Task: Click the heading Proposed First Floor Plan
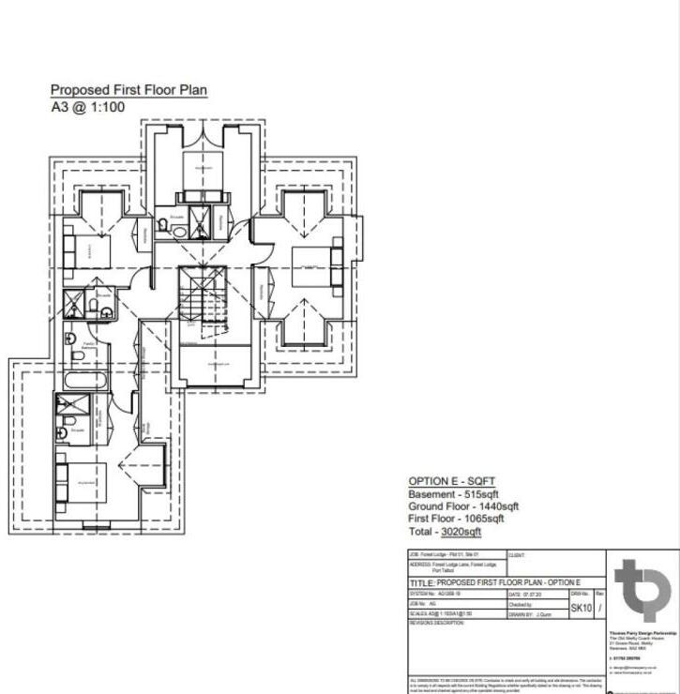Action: pos(128,91)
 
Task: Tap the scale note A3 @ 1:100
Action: pos(87,108)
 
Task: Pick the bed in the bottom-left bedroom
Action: pos(81,482)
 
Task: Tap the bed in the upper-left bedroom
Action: pos(88,251)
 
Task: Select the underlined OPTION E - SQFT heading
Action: pos(453,480)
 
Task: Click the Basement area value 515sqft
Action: pos(478,494)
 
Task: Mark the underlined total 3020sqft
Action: pos(461,531)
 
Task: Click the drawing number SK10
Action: pos(581,609)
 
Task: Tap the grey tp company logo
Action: pos(642,591)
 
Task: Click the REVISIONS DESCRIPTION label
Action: pos(437,623)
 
